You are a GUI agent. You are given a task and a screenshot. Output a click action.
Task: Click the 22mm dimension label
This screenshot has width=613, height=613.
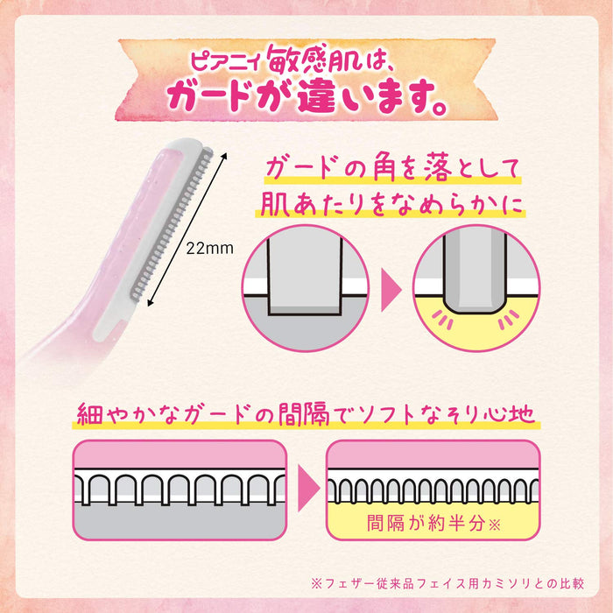(209, 248)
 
